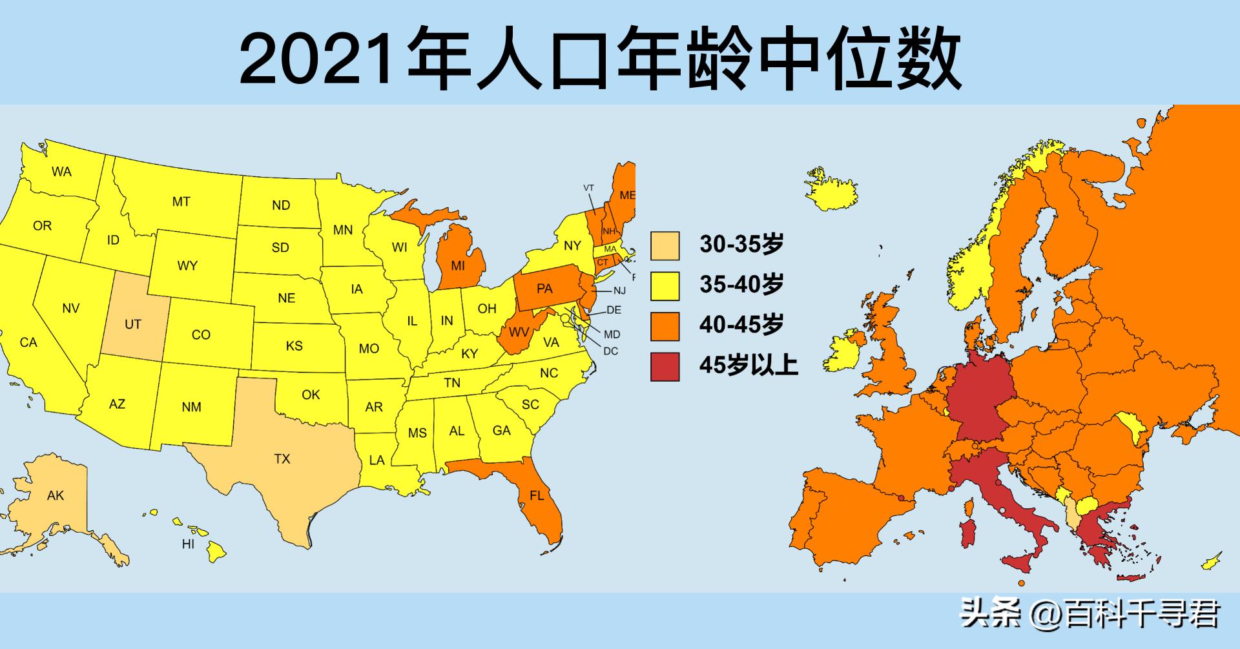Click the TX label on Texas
click(282, 459)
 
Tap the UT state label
click(133, 324)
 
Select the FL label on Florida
click(537, 496)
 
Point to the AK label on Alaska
click(56, 495)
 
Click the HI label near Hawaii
click(188, 544)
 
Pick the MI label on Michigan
click(458, 265)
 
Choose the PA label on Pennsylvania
click(544, 288)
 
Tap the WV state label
click(519, 333)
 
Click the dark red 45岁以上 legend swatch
click(665, 366)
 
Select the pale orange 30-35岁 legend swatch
click(665, 245)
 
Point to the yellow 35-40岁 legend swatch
click(665, 285)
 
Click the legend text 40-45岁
click(741, 325)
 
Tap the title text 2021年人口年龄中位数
click(600, 58)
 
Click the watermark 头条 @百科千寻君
click(1090, 613)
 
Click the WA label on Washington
click(62, 172)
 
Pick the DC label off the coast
click(610, 351)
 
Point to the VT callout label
click(588, 188)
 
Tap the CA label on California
click(28, 342)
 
